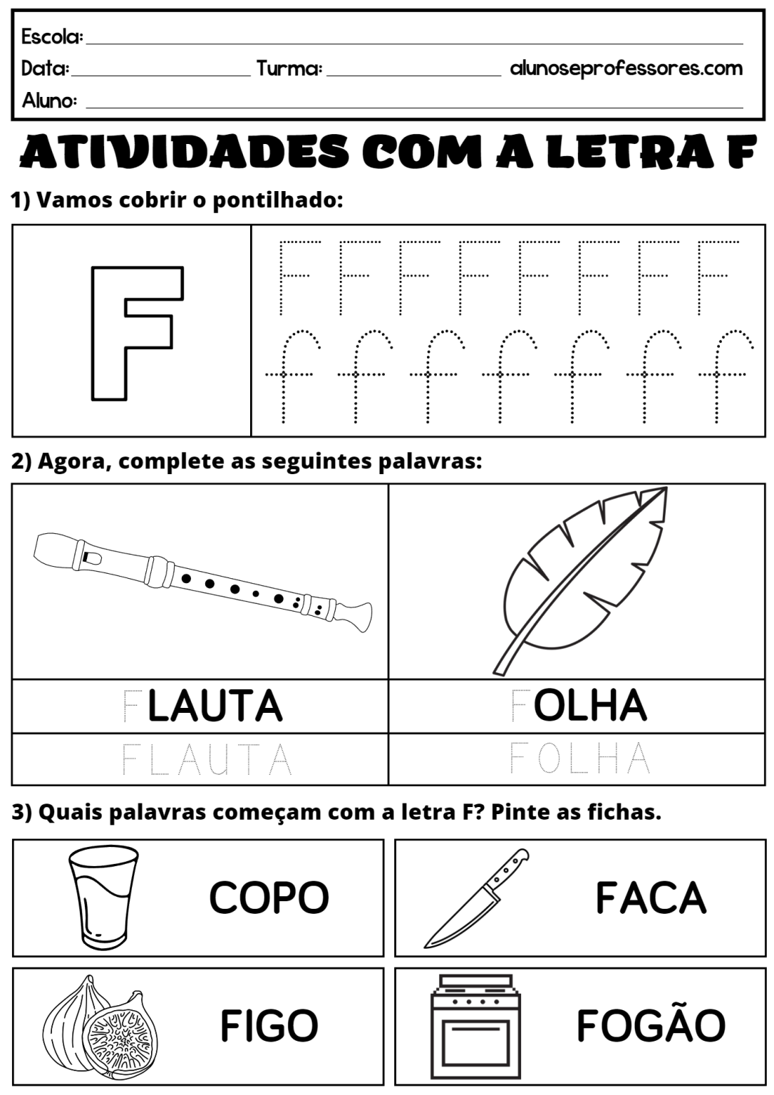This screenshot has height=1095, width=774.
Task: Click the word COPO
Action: pyautogui.click(x=269, y=897)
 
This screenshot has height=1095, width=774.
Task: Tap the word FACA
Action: pyautogui.click(x=651, y=897)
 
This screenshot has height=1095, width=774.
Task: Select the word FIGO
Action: pyautogui.click(x=269, y=1026)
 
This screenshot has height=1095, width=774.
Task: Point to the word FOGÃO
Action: pyautogui.click(x=651, y=1025)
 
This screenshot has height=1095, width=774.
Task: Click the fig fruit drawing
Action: pyautogui.click(x=100, y=1027)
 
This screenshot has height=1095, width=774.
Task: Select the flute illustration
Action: pyautogui.click(x=202, y=581)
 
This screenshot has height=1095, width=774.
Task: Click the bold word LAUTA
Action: pyautogui.click(x=215, y=706)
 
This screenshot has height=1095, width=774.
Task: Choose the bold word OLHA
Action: pyautogui.click(x=590, y=705)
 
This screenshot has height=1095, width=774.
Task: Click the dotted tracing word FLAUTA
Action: pyautogui.click(x=207, y=759)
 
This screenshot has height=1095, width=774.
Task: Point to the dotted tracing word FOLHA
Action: pyautogui.click(x=579, y=758)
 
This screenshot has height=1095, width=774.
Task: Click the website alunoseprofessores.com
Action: pyautogui.click(x=626, y=68)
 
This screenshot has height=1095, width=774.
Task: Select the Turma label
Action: pyautogui.click(x=289, y=68)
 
